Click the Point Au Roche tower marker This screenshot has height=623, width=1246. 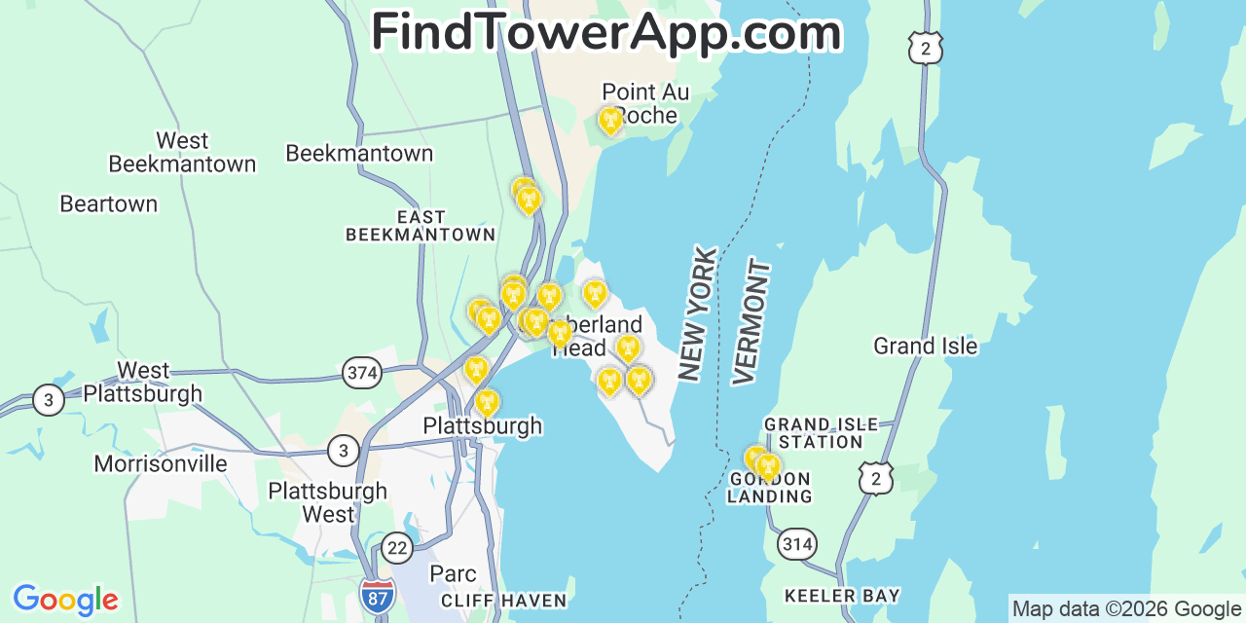click(610, 121)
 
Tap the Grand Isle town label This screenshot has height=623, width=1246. click(925, 346)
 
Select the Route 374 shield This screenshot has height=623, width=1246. click(361, 372)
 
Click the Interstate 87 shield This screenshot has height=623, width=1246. click(377, 595)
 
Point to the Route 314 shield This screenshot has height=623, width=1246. click(796, 544)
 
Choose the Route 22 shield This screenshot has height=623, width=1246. click(396, 547)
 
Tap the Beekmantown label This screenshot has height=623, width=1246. click(359, 153)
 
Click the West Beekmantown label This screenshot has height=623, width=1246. click(182, 152)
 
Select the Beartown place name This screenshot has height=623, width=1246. click(108, 203)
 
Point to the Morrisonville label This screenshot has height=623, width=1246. click(161, 463)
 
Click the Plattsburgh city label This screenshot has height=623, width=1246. click(482, 426)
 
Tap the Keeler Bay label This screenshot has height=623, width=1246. click(842, 595)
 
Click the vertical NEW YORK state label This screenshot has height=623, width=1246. click(698, 313)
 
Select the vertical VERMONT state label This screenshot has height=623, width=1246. click(751, 321)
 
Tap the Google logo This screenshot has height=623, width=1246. click(65, 600)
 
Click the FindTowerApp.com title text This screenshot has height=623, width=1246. click(605, 32)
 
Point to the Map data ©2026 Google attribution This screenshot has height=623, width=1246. click(1127, 609)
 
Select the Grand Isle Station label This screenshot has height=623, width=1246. click(821, 433)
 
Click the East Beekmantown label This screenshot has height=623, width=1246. click(421, 226)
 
